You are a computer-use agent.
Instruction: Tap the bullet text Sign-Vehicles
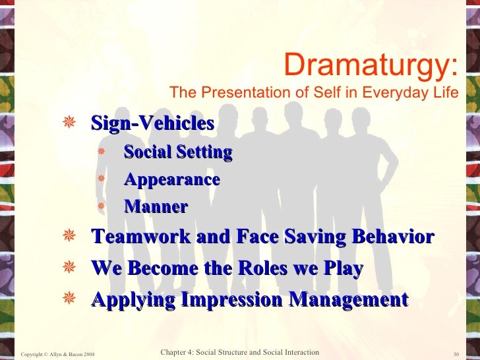point(152,123)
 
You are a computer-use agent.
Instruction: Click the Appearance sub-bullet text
point(171,180)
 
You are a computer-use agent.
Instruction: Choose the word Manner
point(156,207)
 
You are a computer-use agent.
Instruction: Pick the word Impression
point(234,301)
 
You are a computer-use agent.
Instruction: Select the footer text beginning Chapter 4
point(240,353)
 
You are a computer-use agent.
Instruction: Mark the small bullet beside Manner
point(102,207)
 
